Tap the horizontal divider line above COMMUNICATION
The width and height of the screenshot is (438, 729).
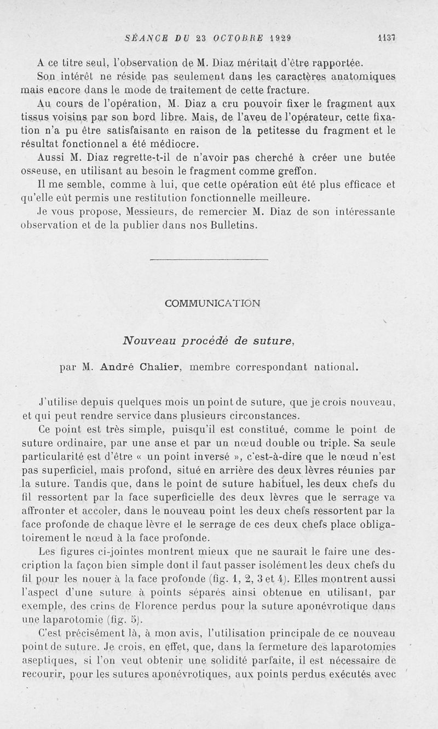click(209, 258)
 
